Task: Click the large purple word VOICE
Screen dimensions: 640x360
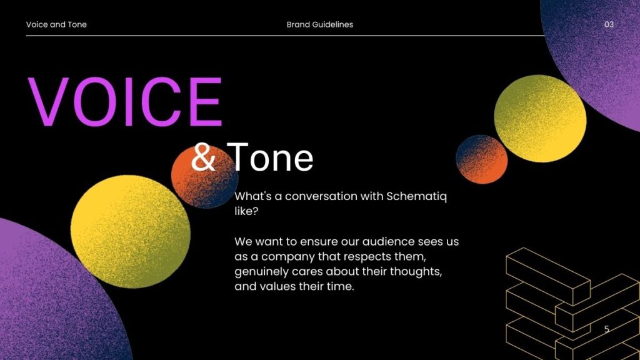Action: pos(125,102)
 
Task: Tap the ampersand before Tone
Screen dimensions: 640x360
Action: pos(203,157)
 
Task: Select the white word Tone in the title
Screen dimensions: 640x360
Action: pos(270,157)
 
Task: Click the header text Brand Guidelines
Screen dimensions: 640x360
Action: pos(320,24)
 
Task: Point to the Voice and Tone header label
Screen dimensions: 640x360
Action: pos(56,24)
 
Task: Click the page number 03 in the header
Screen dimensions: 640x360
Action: pos(609,24)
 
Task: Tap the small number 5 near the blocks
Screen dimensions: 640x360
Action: pos(606,329)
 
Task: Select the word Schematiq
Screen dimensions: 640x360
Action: pos(417,197)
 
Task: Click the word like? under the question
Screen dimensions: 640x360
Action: pos(246,211)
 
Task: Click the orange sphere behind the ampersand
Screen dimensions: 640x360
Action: pos(205,177)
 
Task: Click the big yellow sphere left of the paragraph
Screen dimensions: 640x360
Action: pos(131,231)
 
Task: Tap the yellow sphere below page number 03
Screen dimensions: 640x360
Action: pos(540,119)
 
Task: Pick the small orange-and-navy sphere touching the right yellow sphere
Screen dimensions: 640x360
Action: pos(482,159)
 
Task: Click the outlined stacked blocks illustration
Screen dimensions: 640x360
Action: pos(571,304)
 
